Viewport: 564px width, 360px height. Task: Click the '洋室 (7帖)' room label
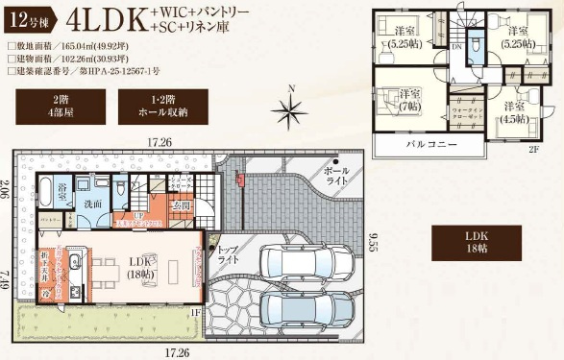410,98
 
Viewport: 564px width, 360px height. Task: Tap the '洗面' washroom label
92,204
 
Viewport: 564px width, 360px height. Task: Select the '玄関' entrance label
183,204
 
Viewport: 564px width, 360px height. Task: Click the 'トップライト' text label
227,254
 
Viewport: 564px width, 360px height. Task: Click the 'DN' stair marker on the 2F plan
457,43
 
